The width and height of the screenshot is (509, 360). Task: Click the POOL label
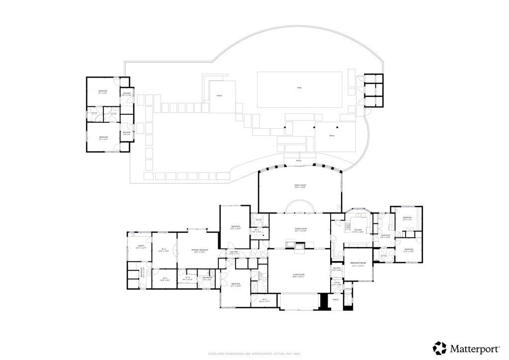tap(299, 88)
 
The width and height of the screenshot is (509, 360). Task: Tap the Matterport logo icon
tap(439, 347)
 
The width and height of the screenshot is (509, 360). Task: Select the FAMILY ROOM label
tap(300, 186)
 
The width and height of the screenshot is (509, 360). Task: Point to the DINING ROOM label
tap(300, 230)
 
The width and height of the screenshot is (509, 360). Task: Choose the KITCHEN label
tap(358, 231)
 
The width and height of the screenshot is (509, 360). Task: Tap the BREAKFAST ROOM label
tap(358, 264)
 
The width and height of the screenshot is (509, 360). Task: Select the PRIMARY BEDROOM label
tap(201, 251)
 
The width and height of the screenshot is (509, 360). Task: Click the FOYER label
tap(337, 283)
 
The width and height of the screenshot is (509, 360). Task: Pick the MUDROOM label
tap(385, 236)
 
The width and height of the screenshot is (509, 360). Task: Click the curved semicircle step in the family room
tap(300, 206)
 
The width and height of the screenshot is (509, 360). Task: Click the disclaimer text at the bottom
tap(254, 354)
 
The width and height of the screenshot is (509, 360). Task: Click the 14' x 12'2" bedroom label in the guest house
tap(103, 92)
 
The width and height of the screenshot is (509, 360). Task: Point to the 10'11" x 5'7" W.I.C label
tap(264, 300)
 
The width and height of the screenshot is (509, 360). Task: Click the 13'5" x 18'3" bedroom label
tap(236, 228)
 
